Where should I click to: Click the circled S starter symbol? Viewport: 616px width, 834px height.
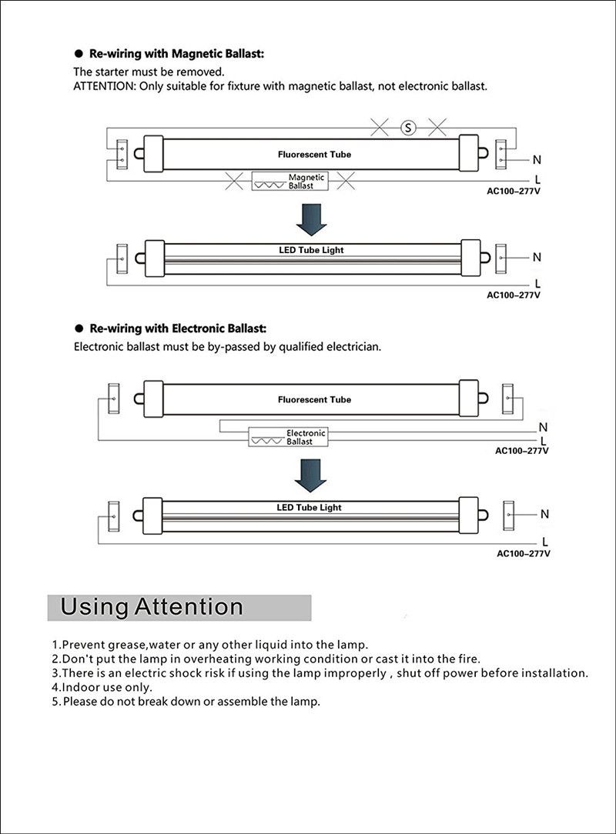pyautogui.click(x=408, y=128)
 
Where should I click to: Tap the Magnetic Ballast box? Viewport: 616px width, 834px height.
pyautogui.click(x=290, y=182)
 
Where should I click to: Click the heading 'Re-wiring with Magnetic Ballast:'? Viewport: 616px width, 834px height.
pyautogui.click(x=177, y=54)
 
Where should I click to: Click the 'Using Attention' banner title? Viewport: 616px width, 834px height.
pyautogui.click(x=152, y=607)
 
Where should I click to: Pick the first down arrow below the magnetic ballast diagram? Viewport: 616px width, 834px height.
pyautogui.click(x=312, y=219)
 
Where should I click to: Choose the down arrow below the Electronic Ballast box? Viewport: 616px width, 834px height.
pyautogui.click(x=311, y=474)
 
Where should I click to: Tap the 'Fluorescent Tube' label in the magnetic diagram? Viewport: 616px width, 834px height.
pyautogui.click(x=314, y=155)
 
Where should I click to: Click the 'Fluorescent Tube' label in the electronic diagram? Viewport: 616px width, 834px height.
pyautogui.click(x=314, y=400)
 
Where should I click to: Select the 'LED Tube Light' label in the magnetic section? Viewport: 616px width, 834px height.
pyautogui.click(x=311, y=250)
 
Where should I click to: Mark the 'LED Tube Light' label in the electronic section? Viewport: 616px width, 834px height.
pyautogui.click(x=309, y=508)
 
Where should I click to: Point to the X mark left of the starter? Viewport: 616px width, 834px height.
pyautogui.click(x=380, y=128)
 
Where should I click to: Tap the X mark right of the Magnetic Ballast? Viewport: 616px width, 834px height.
pyautogui.click(x=346, y=181)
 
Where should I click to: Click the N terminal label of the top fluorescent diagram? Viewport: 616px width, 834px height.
pyautogui.click(x=537, y=160)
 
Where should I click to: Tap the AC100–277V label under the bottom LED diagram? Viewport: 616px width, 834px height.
pyautogui.click(x=523, y=553)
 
